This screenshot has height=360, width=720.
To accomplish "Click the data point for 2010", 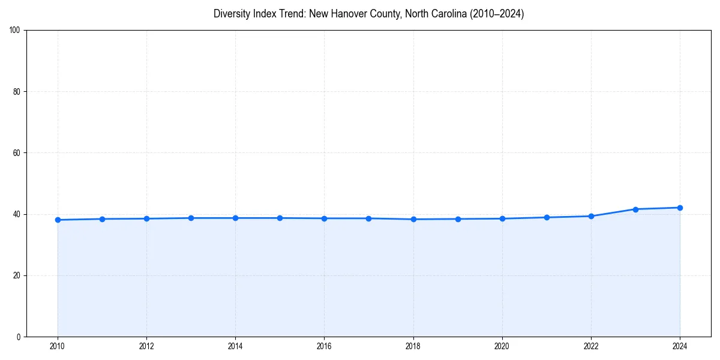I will (58, 220).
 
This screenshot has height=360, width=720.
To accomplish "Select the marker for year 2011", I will (102, 219).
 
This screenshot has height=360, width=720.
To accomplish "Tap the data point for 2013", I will (191, 218).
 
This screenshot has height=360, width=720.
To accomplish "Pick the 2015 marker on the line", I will (280, 218).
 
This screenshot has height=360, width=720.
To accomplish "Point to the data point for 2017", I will (368, 218).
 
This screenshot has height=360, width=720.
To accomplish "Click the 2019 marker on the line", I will (458, 219).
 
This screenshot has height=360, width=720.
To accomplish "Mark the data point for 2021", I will (547, 217).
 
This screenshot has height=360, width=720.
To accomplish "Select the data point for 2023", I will (635, 209).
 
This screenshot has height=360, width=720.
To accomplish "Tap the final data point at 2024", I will (680, 208).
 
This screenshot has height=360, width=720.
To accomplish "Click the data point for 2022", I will (591, 216).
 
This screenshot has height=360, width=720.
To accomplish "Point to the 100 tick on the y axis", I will (15, 31).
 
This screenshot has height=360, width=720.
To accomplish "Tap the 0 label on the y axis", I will (19, 337).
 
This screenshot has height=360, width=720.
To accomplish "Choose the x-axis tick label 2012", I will (146, 346).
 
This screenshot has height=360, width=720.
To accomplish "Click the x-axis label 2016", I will (324, 346).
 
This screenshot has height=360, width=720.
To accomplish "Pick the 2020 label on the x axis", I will (502, 346).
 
